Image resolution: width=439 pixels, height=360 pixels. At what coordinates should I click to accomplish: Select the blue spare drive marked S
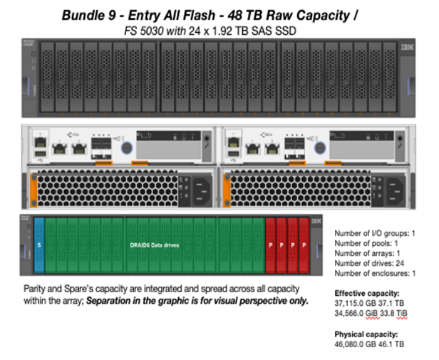tap(39, 245)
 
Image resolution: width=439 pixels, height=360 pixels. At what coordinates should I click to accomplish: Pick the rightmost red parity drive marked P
tap(304, 245)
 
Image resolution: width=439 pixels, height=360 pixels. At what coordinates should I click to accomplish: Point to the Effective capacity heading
tap(366, 292)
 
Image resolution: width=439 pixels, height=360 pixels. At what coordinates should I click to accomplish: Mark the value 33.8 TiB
tap(401, 312)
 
